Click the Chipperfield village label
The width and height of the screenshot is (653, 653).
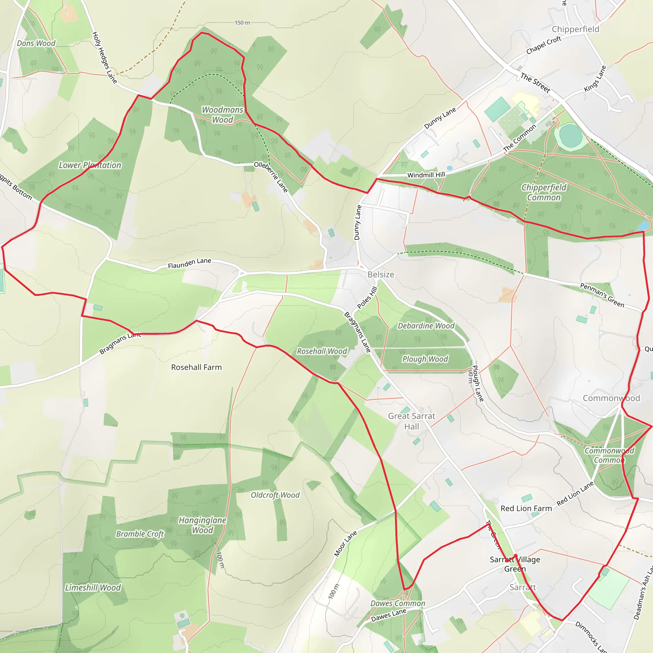[575, 29]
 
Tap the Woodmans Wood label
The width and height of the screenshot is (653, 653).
[223, 114]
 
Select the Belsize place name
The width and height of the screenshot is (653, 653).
[381, 275]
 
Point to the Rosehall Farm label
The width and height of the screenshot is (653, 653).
[196, 367]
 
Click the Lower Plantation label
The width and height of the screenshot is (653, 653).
[90, 165]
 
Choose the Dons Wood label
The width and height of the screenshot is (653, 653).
[36, 43]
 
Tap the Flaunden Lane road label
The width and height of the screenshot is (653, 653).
[189, 263]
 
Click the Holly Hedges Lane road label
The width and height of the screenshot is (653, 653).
[105, 57]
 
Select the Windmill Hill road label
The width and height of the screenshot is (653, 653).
[426, 175]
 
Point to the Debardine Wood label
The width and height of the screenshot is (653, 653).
[426, 326]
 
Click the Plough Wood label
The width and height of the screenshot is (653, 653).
[425, 359]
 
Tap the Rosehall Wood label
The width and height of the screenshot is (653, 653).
[322, 351]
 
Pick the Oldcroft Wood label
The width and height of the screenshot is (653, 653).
[275, 495]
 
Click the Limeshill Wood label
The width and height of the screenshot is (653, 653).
[93, 588]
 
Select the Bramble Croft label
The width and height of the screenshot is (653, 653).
[140, 534]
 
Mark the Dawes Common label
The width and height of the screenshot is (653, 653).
[398, 603]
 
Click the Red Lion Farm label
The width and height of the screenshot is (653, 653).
[526, 508]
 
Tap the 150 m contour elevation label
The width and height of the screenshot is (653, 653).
[242, 23]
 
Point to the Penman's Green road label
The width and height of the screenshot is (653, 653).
[602, 295]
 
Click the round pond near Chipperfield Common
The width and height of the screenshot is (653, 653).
[570, 135]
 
